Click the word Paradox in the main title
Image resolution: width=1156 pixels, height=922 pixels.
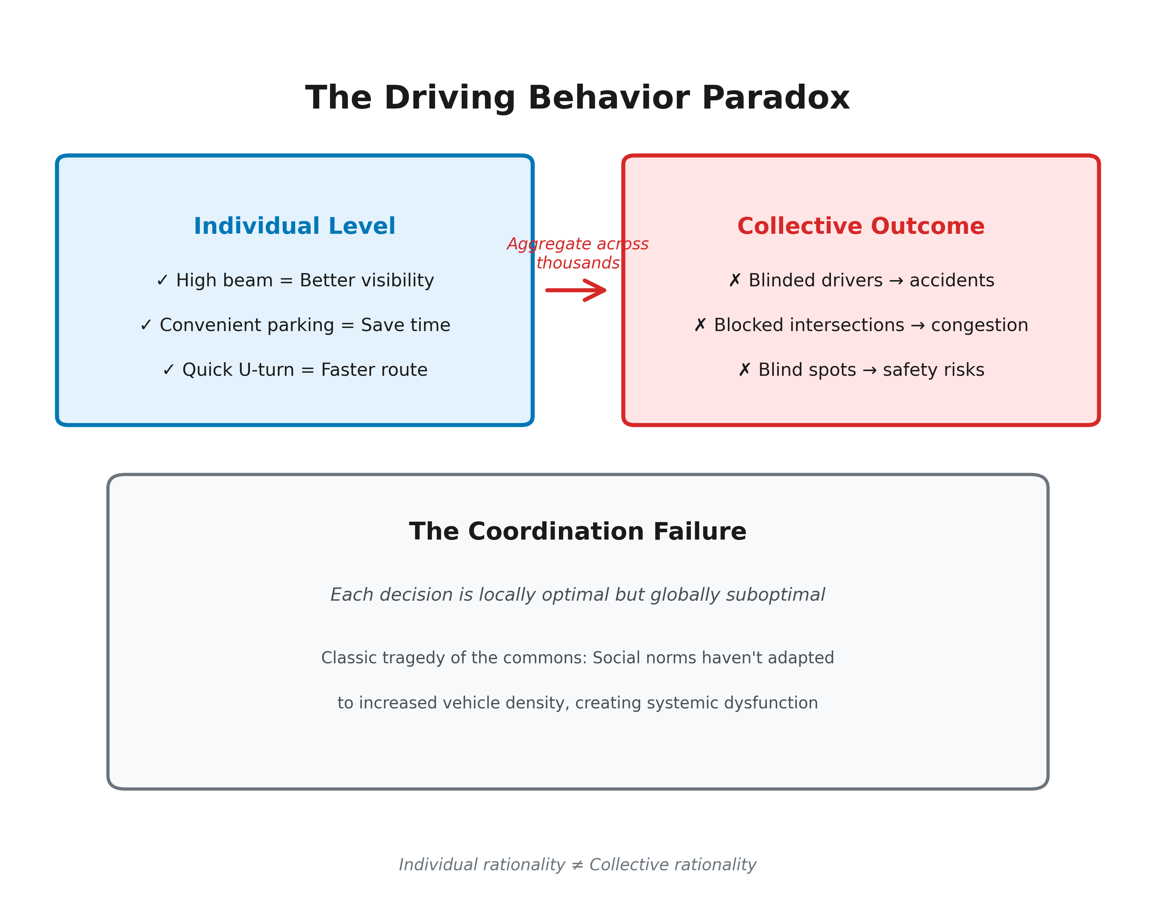pyautogui.click(x=775, y=99)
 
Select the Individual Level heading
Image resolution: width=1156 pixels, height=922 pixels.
pyautogui.click(x=294, y=226)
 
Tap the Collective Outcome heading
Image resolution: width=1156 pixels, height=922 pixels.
pyautogui.click(x=861, y=226)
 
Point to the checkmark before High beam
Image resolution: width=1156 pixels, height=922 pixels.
pyautogui.click(x=162, y=280)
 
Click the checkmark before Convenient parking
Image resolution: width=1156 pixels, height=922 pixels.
pyautogui.click(x=146, y=325)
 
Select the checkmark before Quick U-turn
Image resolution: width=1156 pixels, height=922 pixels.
pyautogui.click(x=169, y=370)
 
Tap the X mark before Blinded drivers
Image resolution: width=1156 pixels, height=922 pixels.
pyautogui.click(x=734, y=280)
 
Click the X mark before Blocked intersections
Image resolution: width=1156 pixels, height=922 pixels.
pyautogui.click(x=700, y=325)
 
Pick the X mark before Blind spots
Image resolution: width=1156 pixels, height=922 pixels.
pyautogui.click(x=744, y=370)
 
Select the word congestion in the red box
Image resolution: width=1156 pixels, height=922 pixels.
pyautogui.click(x=980, y=325)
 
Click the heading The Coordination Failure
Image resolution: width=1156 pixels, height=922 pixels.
pyautogui.click(x=578, y=532)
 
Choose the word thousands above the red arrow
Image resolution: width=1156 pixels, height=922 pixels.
pyautogui.click(x=578, y=263)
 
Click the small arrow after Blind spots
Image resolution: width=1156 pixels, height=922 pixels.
pyautogui.click(x=869, y=370)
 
